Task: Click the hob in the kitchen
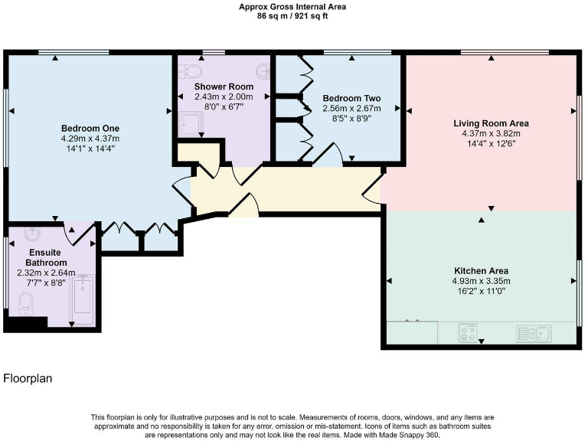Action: click(467, 333)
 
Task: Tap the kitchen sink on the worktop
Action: click(534, 333)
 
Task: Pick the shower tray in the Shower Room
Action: click(190, 122)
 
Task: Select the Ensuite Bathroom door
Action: click(77, 232)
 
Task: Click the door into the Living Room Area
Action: click(373, 191)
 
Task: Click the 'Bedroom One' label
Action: click(90, 128)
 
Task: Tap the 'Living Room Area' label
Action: click(491, 122)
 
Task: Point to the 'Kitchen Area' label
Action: click(482, 270)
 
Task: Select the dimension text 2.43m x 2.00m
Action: click(223, 97)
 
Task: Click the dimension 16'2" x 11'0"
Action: click(482, 291)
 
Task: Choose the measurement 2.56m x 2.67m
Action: click(351, 109)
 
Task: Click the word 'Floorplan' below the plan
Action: click(28, 378)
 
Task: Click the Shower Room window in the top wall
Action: click(214, 52)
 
